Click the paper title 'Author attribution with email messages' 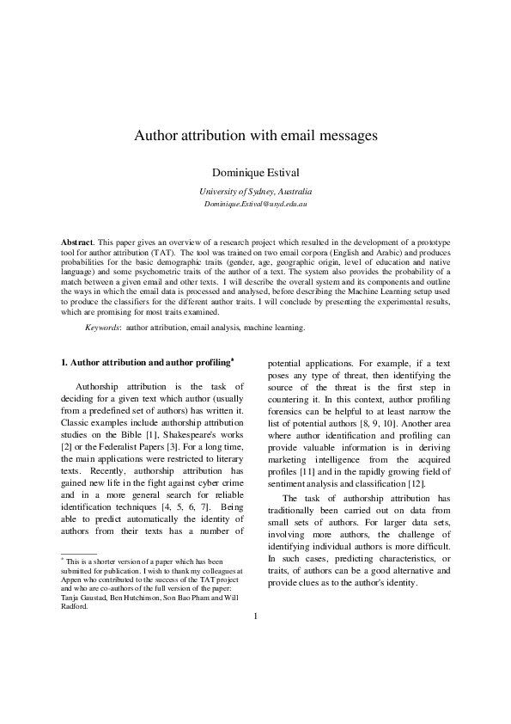click(256, 136)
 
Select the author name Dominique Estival click(256, 172)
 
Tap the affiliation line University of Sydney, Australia click(256, 192)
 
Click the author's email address click(256, 206)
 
